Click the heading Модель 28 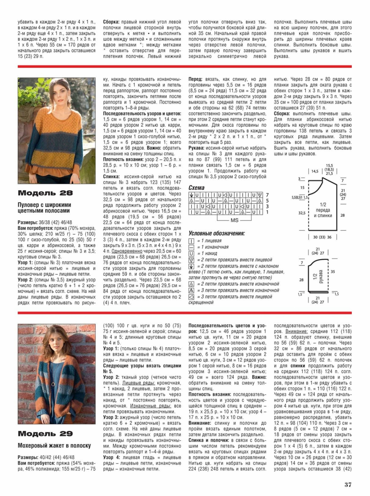pos(45,193)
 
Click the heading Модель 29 pos(45,434)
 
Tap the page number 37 pos(348,484)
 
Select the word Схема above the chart pos(196,188)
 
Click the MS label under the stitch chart pos(234,220)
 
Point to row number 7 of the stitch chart pos(267,195)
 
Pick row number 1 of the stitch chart pos(267,212)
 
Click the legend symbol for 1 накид pos(191,253)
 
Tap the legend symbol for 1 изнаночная pos(191,247)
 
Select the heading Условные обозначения pos(217,233)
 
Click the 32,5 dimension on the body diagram pos(302,213)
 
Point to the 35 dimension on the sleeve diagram pos(332,272)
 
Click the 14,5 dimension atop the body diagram pos(315,171)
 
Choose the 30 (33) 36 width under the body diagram pos(322,237)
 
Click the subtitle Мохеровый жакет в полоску pos(54,446)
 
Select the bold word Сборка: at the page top pos(111,22)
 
